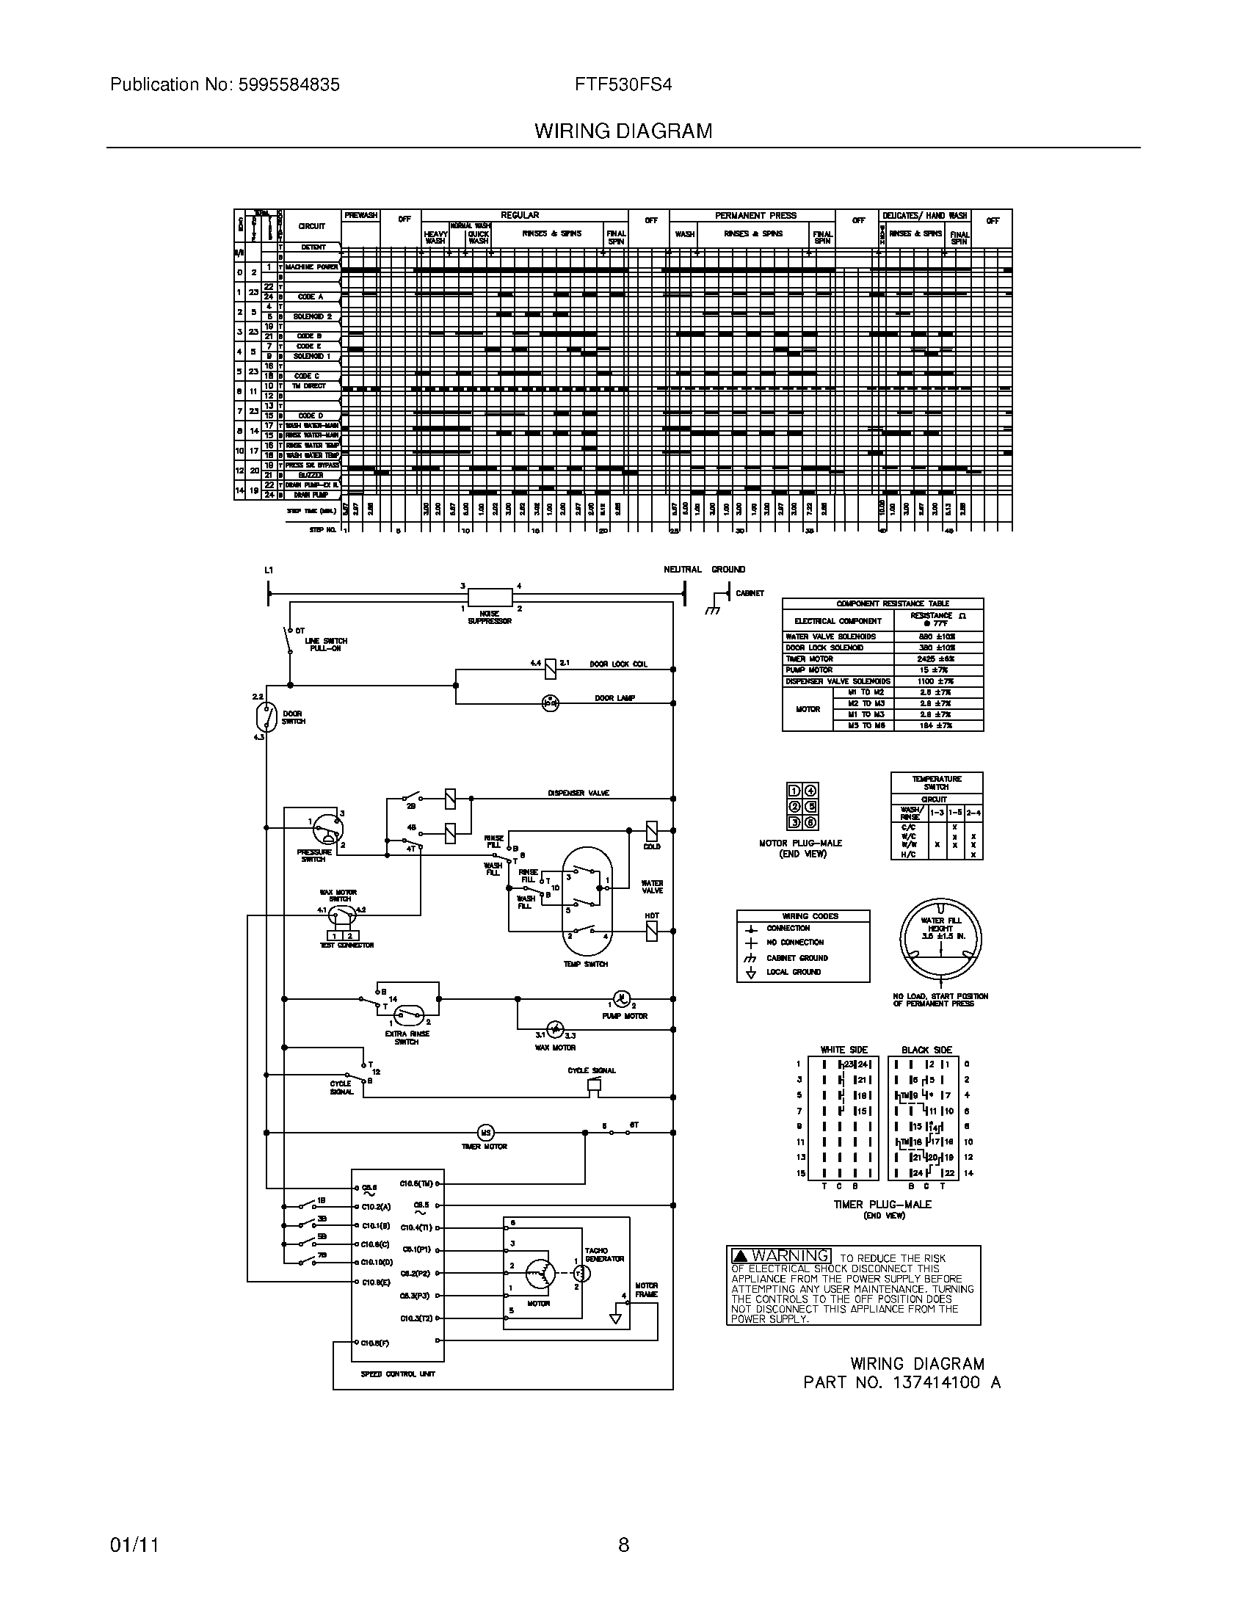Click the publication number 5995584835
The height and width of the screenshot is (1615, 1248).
pyautogui.click(x=289, y=85)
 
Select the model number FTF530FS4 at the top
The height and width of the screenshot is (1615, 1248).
pyautogui.click(x=623, y=85)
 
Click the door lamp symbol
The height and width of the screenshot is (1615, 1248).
pyautogui.click(x=550, y=703)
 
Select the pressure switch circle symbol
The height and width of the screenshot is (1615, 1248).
pyautogui.click(x=326, y=830)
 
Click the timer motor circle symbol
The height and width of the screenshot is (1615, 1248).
pyautogui.click(x=486, y=1132)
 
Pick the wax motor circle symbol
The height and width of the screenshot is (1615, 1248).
pyautogui.click(x=556, y=1030)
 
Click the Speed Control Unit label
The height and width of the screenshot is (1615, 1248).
pyautogui.click(x=388, y=1373)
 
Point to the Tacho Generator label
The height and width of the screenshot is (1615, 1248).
pyautogui.click(x=604, y=1255)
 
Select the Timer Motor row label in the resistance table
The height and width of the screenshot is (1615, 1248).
pyautogui.click(x=810, y=659)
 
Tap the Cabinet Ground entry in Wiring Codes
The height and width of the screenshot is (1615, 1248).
pyautogui.click(x=797, y=957)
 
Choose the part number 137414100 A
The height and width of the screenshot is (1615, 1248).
pyautogui.click(x=902, y=1382)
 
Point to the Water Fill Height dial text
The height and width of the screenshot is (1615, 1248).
pyautogui.click(x=940, y=928)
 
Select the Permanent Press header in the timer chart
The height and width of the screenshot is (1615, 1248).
pyautogui.click(x=755, y=216)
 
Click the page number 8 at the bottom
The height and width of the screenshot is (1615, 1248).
pyautogui.click(x=623, y=1545)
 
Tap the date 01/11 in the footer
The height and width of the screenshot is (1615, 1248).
pyautogui.click(x=134, y=1545)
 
